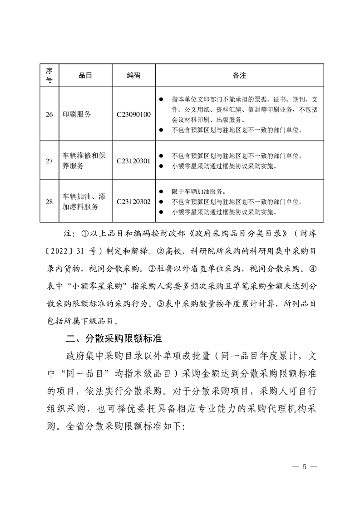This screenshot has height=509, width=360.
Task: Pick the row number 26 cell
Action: pos(49,114)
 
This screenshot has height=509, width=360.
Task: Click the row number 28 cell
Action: pos(49,201)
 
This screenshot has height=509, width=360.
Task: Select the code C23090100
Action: pos(133,114)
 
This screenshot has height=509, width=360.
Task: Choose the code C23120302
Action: pos(133,201)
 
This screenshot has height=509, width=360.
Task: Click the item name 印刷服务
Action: pos(77,114)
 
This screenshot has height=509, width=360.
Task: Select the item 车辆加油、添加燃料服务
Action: pos(85,201)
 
